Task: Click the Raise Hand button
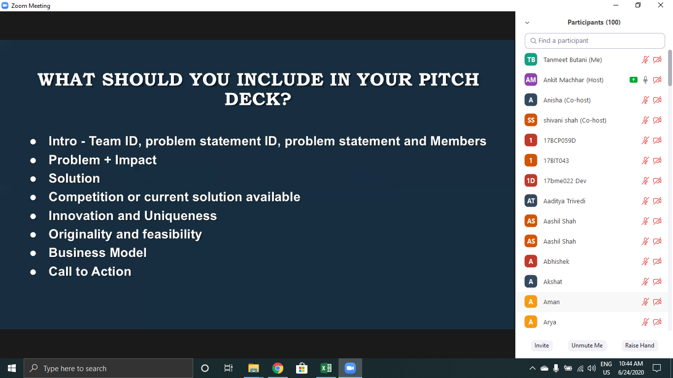pos(639,346)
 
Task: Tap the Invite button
pos(541,346)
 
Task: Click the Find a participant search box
pos(595,40)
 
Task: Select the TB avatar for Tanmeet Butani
pos(531,60)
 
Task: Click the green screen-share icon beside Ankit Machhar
pos(634,80)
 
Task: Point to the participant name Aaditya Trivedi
pos(564,201)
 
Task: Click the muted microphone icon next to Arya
pos(645,322)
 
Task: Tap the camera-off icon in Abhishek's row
pos(657,261)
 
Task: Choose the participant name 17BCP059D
pos(559,140)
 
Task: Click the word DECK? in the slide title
pos(258,99)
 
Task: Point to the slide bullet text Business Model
pos(98,252)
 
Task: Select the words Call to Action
pos(90,271)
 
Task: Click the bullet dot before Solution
pos(33,179)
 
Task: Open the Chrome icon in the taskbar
pos(277,368)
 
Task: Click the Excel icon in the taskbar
pos(326,368)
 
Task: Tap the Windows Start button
pos(12,368)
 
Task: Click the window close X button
pos(660,5)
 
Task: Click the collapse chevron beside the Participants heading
pos(527,23)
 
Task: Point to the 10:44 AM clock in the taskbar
pos(631,364)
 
